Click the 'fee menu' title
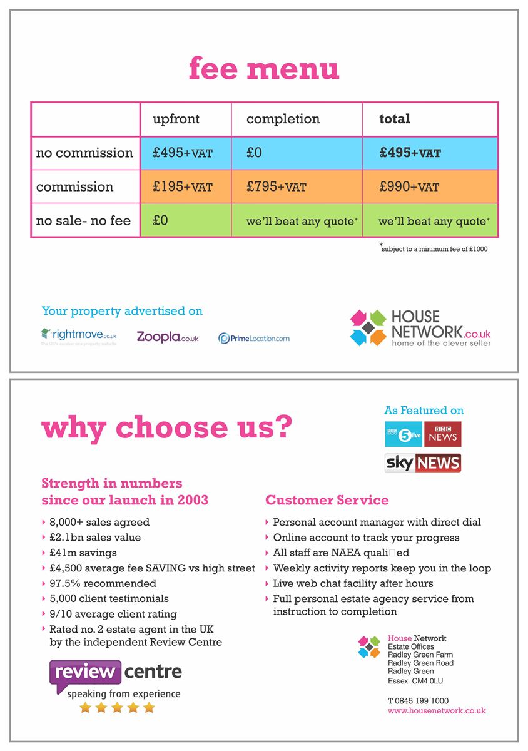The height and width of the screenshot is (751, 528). click(264, 69)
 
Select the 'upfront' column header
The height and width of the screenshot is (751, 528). click(176, 119)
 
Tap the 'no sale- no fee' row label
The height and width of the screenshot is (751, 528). click(83, 221)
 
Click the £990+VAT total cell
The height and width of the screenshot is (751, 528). click(409, 187)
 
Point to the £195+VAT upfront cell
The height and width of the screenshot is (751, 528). click(183, 187)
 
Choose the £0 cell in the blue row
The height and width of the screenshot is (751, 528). click(254, 153)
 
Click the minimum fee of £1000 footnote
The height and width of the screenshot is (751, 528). click(434, 248)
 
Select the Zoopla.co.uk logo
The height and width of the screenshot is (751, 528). click(168, 337)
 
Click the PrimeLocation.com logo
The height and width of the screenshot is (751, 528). click(254, 338)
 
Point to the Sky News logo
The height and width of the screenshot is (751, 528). click(423, 463)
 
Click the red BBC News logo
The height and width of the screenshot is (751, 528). click(443, 434)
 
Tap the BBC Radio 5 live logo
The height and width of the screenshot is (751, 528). click(404, 434)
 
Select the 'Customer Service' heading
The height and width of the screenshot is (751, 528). click(327, 500)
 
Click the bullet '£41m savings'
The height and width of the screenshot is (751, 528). click(83, 553)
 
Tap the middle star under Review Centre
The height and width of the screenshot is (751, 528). click(117, 707)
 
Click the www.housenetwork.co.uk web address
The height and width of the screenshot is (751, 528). click(437, 710)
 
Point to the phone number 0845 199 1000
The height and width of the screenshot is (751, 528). click(418, 701)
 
